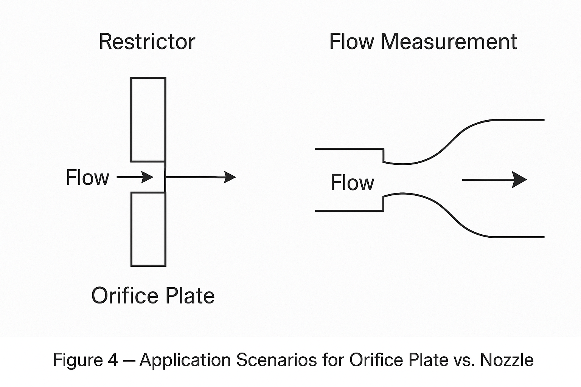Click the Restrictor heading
point(147,42)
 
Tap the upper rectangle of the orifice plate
point(148,119)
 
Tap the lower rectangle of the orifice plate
point(148,229)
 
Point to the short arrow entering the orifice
point(135,177)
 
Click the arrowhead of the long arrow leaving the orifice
point(230,176)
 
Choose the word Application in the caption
point(185,360)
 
